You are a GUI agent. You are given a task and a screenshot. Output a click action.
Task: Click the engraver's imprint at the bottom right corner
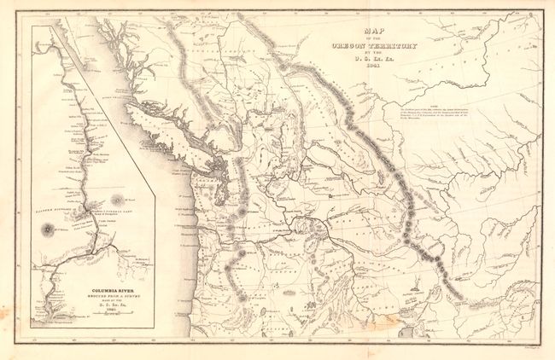(x=526, y=347)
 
